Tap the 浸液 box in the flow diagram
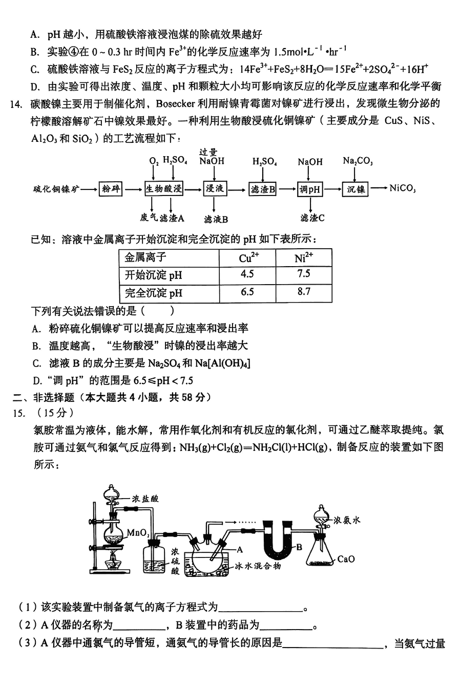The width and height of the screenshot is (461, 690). [x=214, y=189]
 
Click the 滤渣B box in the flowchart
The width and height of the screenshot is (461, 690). [x=263, y=189]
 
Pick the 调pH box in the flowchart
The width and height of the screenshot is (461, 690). [x=310, y=189]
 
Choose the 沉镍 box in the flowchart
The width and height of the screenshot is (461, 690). [x=355, y=189]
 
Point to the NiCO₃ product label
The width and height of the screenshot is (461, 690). [x=402, y=188]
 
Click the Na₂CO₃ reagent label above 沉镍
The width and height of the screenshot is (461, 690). [x=358, y=161]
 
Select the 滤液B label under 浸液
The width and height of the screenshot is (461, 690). [x=216, y=219]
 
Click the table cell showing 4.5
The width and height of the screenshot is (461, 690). [x=247, y=274]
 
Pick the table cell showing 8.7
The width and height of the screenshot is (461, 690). [x=304, y=292]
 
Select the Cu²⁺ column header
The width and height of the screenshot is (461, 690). [x=249, y=257]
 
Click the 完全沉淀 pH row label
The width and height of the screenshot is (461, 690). [x=154, y=293]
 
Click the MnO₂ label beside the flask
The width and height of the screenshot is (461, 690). [x=138, y=532]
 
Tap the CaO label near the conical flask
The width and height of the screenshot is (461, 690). [x=346, y=559]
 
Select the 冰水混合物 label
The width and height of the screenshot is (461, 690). [x=258, y=566]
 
